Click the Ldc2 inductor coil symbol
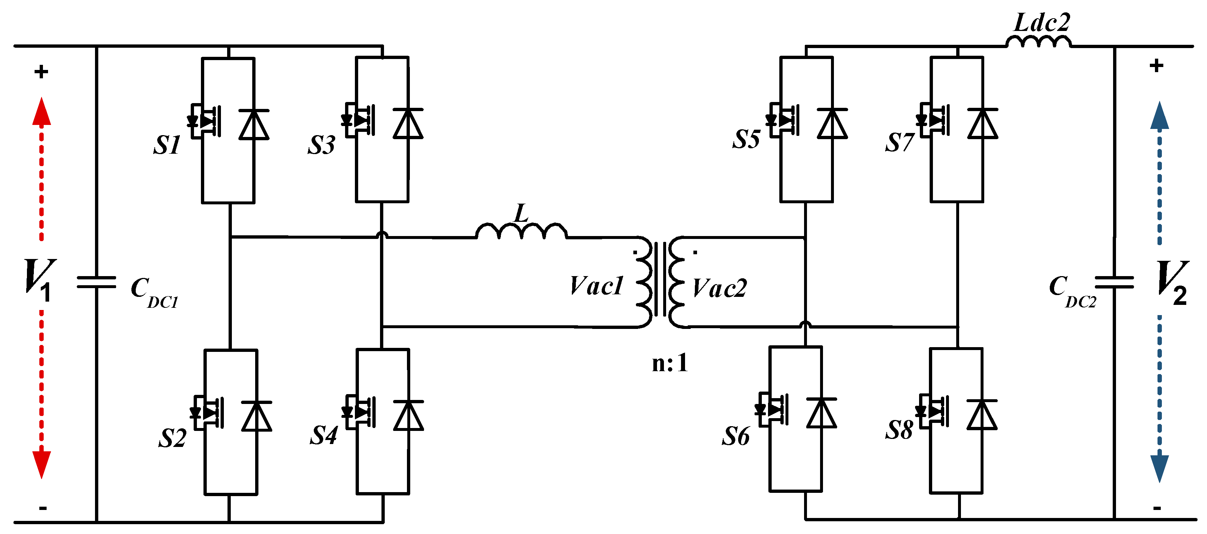[x=1038, y=42]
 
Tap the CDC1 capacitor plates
[x=96, y=282]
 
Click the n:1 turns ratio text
[x=670, y=363]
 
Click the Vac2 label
[x=720, y=288]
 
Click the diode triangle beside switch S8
[x=982, y=415]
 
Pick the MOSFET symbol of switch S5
[x=783, y=120]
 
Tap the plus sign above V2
[x=1156, y=66]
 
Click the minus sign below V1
[x=43, y=508]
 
